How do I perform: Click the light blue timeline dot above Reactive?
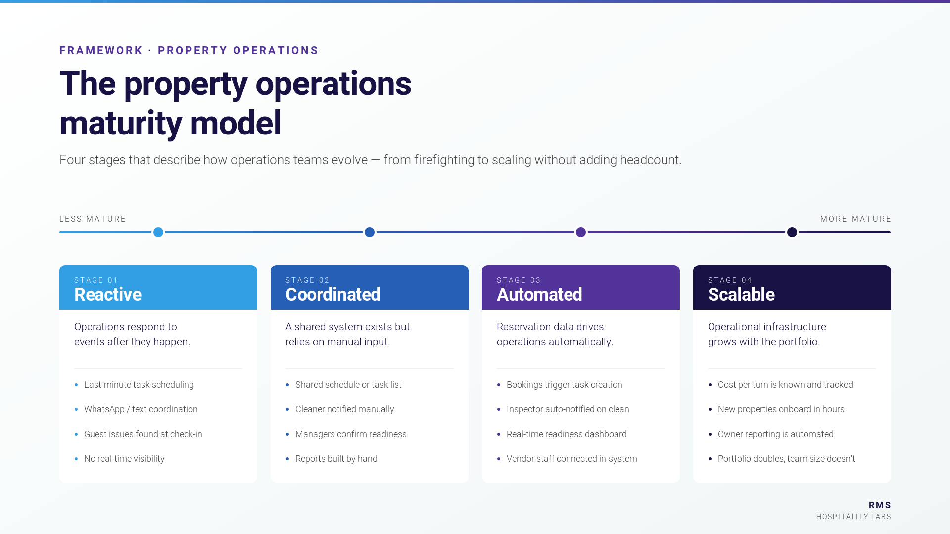point(158,232)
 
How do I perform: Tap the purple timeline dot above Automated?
point(581,232)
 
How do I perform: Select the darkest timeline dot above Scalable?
point(792,232)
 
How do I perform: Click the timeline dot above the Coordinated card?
point(370,232)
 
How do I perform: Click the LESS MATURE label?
point(93,219)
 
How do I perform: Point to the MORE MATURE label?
point(855,219)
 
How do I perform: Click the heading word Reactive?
point(108,295)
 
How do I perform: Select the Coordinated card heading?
point(332,295)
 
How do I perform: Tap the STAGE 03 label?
point(519,280)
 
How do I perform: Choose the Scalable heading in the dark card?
point(741,295)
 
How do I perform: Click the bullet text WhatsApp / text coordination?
point(141,409)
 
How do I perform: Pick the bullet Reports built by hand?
point(336,459)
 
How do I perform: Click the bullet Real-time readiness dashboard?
point(566,434)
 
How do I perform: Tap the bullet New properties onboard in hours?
point(781,409)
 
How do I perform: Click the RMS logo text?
point(880,505)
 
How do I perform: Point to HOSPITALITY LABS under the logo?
point(854,517)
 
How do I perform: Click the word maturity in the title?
point(120,124)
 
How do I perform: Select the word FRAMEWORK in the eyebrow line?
point(101,51)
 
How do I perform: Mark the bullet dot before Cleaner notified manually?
point(287,409)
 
